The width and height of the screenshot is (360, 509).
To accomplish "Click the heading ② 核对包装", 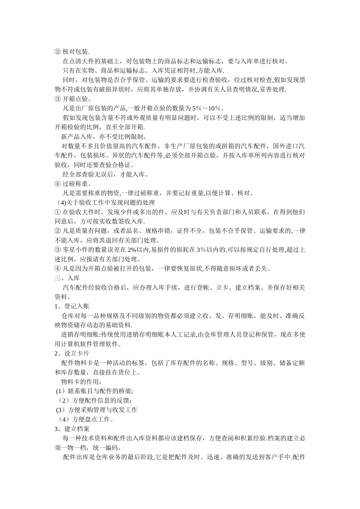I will click(72, 52).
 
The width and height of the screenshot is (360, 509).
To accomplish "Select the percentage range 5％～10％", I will click(209, 108).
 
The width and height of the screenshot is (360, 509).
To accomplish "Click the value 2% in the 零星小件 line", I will click(132, 250).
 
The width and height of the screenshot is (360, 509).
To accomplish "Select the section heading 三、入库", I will click(67, 278).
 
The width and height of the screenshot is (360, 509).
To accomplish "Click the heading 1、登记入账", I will click(72, 306).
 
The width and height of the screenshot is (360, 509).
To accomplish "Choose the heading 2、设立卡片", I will click(72, 353).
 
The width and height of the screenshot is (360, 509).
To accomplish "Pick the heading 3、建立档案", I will click(72, 429).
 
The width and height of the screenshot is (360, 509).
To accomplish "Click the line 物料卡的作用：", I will click(82, 381).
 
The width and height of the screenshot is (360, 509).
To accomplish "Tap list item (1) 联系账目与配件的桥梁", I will click(95, 391).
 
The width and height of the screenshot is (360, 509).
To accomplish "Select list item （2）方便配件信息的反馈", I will click(95, 400).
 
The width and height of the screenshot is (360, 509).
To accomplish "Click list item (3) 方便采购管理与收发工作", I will click(97, 410).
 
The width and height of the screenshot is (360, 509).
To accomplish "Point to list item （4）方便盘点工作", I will click(86, 419).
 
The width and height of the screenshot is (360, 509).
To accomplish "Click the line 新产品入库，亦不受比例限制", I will click(102, 137).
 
